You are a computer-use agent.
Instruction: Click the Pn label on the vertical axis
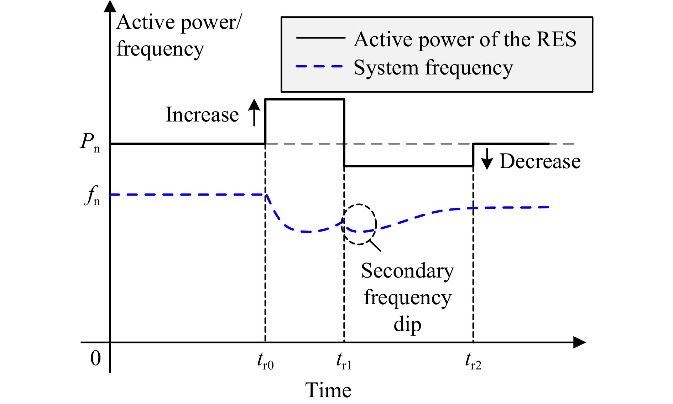(x=90, y=142)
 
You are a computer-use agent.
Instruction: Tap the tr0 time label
(x=265, y=361)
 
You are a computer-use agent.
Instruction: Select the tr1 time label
(x=344, y=361)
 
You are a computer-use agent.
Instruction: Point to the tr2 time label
(x=473, y=361)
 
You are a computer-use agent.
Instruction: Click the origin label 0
(x=95, y=358)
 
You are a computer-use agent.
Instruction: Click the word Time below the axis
(x=328, y=390)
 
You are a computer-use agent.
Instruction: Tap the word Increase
(x=202, y=115)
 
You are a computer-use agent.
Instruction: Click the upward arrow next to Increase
(x=254, y=113)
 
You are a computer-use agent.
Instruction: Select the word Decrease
(x=540, y=161)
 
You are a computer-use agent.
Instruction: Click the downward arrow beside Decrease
(x=487, y=159)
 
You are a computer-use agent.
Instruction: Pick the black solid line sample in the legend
(x=320, y=37)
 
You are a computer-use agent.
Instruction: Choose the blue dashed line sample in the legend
(x=319, y=66)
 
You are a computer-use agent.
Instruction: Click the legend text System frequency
(x=433, y=68)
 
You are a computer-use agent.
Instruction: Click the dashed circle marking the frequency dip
(x=376, y=224)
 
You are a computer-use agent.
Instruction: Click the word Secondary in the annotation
(x=408, y=271)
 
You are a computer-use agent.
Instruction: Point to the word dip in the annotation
(x=407, y=324)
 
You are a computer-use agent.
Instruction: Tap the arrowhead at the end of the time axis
(x=579, y=342)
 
